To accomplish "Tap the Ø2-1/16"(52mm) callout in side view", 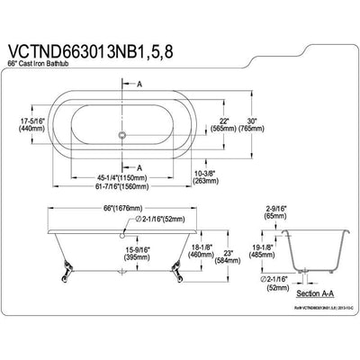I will pyautogui.click(x=142, y=219).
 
